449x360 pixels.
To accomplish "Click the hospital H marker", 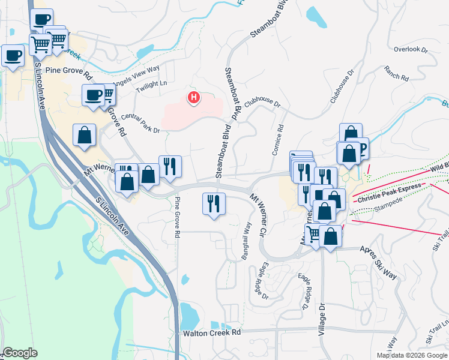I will pyautogui.click(x=193, y=97).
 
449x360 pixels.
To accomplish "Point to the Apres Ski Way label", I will pyautogui.click(x=378, y=262).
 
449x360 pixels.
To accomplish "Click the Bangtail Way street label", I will pyautogui.click(x=246, y=241).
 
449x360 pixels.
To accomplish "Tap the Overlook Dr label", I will pyautogui.click(x=411, y=50).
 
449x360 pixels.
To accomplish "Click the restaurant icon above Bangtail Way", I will pyautogui.click(x=214, y=204).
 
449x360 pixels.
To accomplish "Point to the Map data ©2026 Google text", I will pyautogui.click(x=412, y=355).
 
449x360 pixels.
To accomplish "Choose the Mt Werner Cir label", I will pyautogui.click(x=258, y=213).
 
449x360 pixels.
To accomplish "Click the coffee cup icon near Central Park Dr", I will pyautogui.click(x=94, y=95).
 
